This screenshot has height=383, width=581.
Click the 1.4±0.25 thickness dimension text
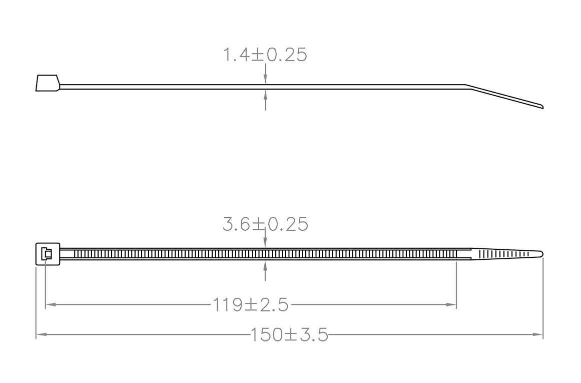click(265, 55)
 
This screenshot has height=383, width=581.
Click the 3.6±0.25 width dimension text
click(265, 224)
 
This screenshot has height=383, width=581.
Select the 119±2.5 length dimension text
click(251, 304)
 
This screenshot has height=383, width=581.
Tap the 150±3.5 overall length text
click(290, 334)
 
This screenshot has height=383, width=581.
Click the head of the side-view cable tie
click(48, 83)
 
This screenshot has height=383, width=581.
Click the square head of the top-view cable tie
click(48, 254)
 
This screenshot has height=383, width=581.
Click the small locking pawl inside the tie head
click(46, 254)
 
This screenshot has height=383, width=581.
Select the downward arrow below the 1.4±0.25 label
click(265, 78)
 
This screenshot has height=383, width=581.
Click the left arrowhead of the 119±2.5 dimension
click(50, 304)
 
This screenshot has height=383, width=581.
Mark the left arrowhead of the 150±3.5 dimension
click(41, 334)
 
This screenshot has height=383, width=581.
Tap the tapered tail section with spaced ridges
click(500, 254)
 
